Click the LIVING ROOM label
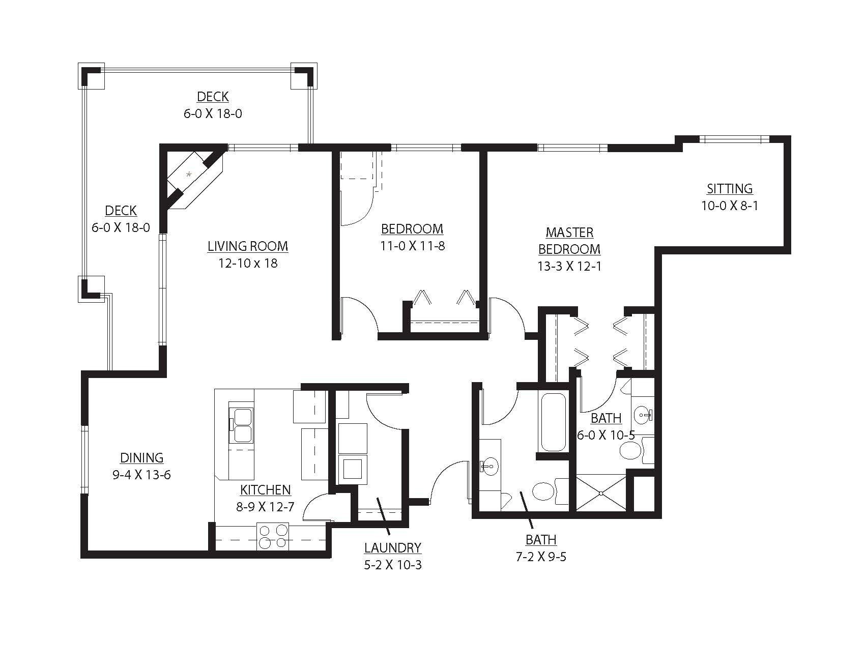tap(248, 246)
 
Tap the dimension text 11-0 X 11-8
tap(412, 246)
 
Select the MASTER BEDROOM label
tap(569, 241)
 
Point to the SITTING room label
tap(729, 189)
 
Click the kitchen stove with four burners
tap(272, 536)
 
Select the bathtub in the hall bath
tap(554, 421)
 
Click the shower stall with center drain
tap(600, 492)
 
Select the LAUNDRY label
tap(392, 548)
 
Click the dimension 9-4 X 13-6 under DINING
tap(141, 475)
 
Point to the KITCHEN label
tap(265, 490)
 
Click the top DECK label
tap(213, 97)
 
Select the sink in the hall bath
tap(489, 465)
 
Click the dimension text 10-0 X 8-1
tap(729, 206)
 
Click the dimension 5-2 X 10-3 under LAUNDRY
tap(392, 565)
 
